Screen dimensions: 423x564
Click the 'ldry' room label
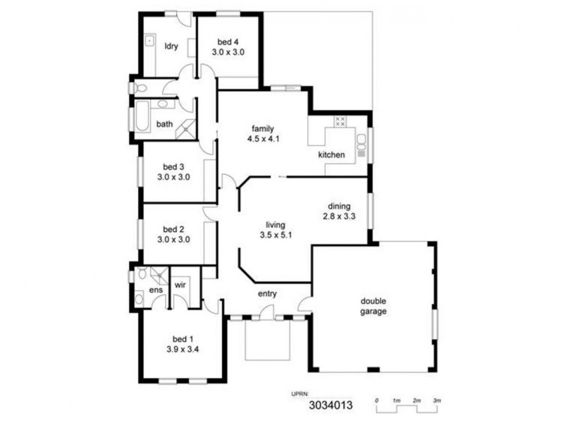point(171,47)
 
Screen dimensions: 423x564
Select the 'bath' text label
point(164,124)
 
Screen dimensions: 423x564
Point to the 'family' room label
point(263,128)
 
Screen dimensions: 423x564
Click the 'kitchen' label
point(331,154)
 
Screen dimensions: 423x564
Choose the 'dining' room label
point(338,207)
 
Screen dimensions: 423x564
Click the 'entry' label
point(268,293)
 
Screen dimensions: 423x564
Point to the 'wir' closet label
point(180,285)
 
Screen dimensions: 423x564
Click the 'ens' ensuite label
point(155,290)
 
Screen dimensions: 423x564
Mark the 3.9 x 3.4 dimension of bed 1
point(182,348)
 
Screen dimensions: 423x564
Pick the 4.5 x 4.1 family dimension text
point(263,139)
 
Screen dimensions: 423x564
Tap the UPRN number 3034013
point(331,406)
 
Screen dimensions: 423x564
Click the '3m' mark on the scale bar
point(437,400)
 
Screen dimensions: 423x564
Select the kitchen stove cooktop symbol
point(340,121)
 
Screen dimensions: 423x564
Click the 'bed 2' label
point(173,229)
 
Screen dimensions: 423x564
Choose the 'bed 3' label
point(173,167)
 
